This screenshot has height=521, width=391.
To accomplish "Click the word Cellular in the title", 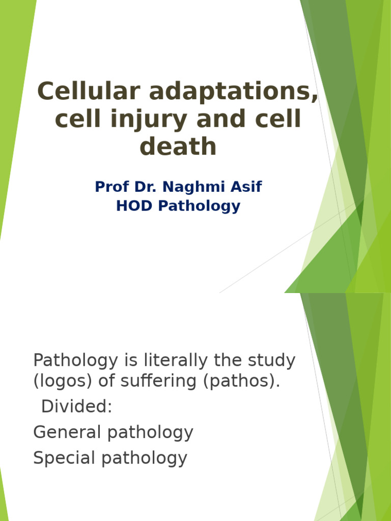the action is point(89,91).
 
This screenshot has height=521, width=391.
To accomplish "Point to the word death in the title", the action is point(178,146).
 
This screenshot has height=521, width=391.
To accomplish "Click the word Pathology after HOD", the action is point(199,207).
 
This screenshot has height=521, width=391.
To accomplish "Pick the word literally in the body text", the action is point(175,360).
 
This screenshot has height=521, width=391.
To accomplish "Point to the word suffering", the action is point(158,381).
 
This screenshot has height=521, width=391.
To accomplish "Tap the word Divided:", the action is point(77,406).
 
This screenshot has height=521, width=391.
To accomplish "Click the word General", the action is point(67,432).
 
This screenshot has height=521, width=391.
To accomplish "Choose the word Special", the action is point(64,458).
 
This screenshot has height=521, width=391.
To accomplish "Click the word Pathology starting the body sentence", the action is point(75,361).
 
